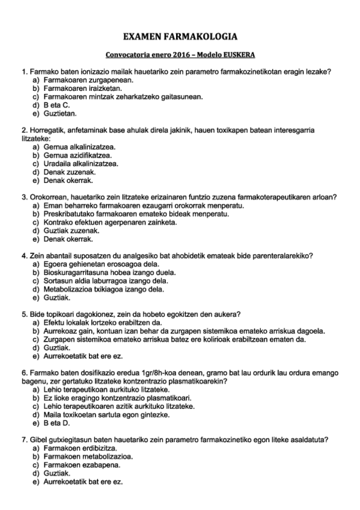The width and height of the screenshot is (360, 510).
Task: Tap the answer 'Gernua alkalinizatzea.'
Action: click(80, 147)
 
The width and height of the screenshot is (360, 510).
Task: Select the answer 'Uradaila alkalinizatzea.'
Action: click(81, 163)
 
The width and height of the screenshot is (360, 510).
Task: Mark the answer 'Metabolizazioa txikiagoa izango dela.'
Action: click(103, 289)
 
